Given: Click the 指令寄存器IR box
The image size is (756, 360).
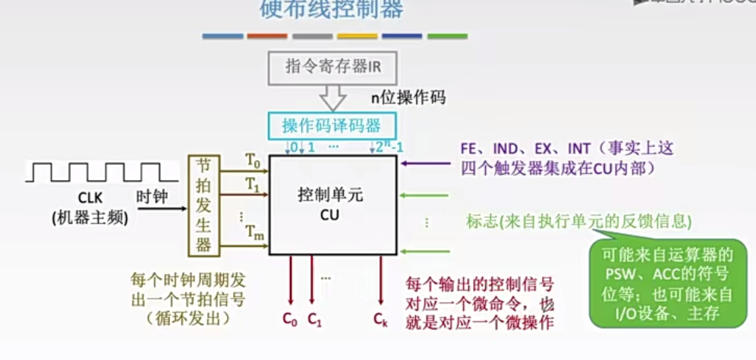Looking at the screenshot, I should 332,67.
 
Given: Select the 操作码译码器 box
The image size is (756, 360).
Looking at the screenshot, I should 332,125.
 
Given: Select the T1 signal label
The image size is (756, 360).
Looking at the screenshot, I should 253,185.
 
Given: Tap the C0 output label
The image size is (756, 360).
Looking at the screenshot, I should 289,321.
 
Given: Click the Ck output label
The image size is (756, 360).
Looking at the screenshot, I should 380,321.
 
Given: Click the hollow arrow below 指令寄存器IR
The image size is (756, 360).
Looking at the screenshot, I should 332,97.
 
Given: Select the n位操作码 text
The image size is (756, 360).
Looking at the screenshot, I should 408,97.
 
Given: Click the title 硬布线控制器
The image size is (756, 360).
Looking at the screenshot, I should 332,9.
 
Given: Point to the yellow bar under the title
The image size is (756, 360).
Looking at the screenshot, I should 357,36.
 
